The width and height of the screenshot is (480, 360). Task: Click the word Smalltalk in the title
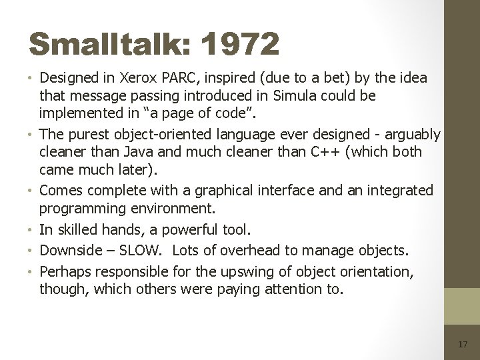coord(105,45)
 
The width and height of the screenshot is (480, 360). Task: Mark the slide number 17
coord(463,345)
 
